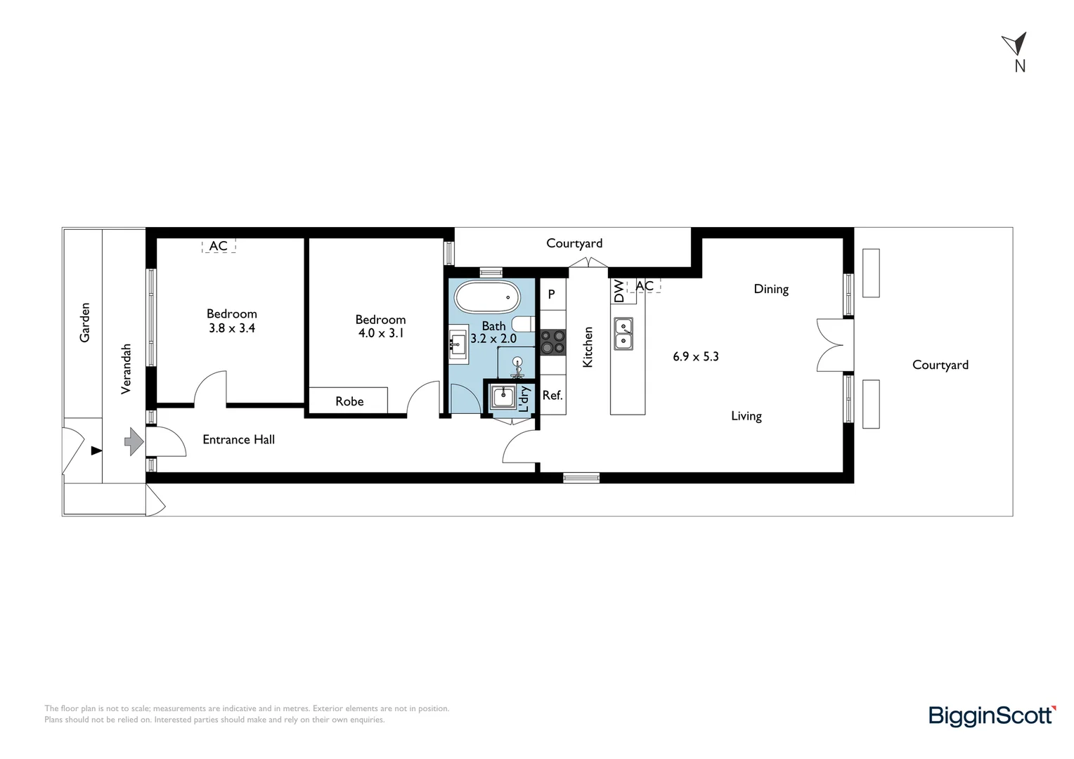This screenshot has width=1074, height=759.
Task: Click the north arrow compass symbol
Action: tap(1016, 46)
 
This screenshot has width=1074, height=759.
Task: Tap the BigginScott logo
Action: tap(991, 715)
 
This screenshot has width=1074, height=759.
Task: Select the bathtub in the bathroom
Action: tap(487, 297)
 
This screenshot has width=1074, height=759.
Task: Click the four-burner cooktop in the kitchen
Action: tap(552, 342)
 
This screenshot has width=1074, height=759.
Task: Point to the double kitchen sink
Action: tap(623, 334)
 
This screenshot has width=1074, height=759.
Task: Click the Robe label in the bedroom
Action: tap(349, 401)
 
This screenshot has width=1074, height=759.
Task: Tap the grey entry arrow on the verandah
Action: tap(134, 442)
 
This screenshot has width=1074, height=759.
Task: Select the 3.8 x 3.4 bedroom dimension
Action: tap(231, 328)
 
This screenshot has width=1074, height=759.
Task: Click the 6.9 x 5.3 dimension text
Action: tap(695, 356)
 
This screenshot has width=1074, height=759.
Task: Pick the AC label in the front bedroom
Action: tap(219, 246)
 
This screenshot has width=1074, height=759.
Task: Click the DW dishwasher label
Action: tap(619, 291)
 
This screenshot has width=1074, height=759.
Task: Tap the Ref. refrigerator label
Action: tap(552, 396)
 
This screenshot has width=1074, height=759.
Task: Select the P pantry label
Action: tap(552, 294)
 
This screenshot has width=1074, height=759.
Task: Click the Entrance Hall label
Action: tap(238, 440)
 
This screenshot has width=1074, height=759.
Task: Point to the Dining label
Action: tap(771, 289)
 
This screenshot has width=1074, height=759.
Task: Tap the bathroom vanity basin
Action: tap(458, 344)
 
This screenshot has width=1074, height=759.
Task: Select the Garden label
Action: tap(85, 323)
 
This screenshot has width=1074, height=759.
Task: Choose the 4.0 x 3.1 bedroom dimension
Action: tap(380, 333)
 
